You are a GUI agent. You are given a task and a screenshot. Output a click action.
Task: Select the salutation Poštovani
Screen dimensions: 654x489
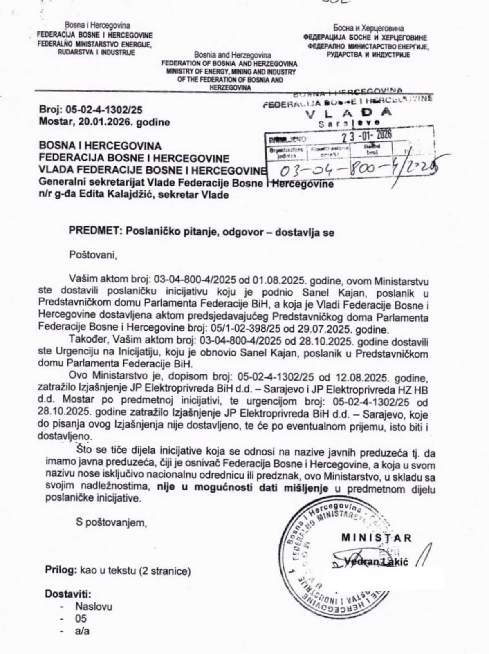[x=93, y=255]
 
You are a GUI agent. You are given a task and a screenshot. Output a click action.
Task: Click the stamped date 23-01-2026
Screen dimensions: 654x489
[x=366, y=135]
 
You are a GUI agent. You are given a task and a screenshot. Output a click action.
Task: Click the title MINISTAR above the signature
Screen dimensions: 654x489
[x=376, y=538]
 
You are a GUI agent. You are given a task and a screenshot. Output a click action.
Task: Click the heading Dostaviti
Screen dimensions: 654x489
[x=68, y=594]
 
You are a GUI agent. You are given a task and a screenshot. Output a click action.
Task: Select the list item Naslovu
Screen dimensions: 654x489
[x=93, y=607]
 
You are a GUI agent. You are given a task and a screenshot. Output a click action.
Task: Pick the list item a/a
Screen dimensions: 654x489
[x=82, y=631]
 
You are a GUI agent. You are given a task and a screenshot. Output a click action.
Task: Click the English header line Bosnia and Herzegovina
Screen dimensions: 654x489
[x=232, y=55]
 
